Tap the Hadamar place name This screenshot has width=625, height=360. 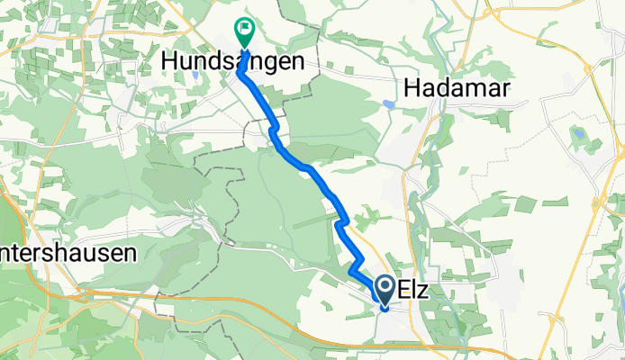point(457,86)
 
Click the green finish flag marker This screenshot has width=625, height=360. point(244,31)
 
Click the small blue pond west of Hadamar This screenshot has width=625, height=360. point(387,103)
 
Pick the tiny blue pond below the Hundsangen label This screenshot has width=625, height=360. point(195,76)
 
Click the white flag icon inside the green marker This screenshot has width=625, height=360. point(244,29)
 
